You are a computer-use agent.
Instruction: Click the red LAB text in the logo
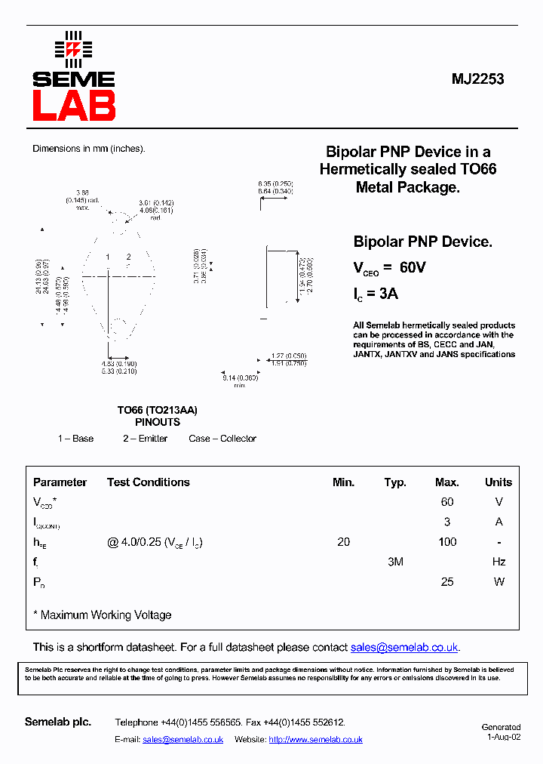click(x=74, y=106)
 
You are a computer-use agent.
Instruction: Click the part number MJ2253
click(x=478, y=79)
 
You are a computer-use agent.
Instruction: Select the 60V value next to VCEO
click(x=413, y=267)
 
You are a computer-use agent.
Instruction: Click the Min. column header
click(x=343, y=482)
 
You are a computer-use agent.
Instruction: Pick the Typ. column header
click(x=395, y=482)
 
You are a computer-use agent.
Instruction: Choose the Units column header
click(x=498, y=482)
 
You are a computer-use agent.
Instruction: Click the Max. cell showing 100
click(x=447, y=542)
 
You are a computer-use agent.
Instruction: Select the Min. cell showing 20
click(x=344, y=542)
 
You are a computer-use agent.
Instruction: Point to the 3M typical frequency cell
click(x=395, y=562)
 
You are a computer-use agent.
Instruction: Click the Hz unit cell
click(x=498, y=562)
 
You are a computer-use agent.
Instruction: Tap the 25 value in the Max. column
click(x=447, y=582)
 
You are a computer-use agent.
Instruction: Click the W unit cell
click(x=498, y=582)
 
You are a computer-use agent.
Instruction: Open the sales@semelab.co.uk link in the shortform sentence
click(x=404, y=648)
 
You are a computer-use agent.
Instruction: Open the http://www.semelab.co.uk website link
click(x=315, y=740)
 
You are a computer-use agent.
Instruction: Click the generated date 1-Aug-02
click(x=503, y=738)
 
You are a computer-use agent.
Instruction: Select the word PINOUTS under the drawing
click(x=158, y=423)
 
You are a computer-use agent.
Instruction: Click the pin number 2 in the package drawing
click(x=129, y=257)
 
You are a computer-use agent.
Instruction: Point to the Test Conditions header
click(x=148, y=482)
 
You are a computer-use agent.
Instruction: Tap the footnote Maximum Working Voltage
click(x=106, y=615)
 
